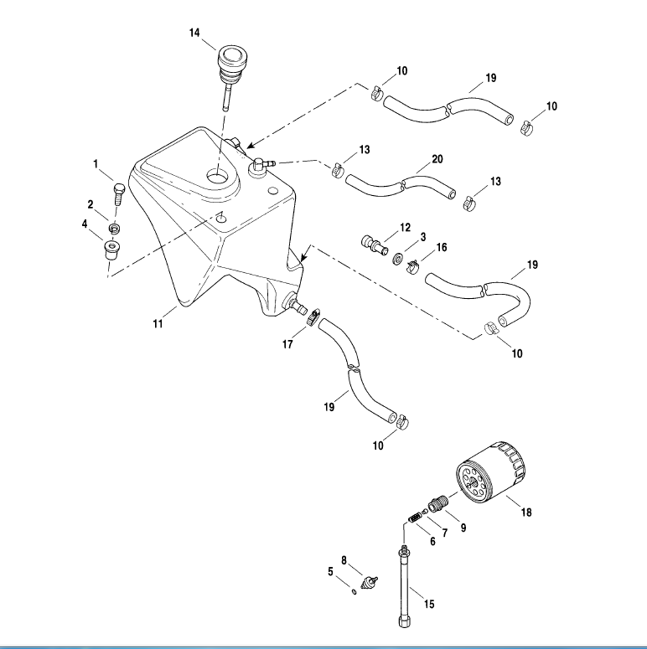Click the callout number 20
pyautogui.click(x=437, y=159)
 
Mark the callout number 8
pyautogui.click(x=344, y=559)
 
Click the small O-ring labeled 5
pyautogui.click(x=355, y=591)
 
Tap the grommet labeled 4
pyautogui.click(x=111, y=250)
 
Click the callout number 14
pyautogui.click(x=194, y=33)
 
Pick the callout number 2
pyautogui.click(x=91, y=204)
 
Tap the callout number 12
pyautogui.click(x=405, y=227)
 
